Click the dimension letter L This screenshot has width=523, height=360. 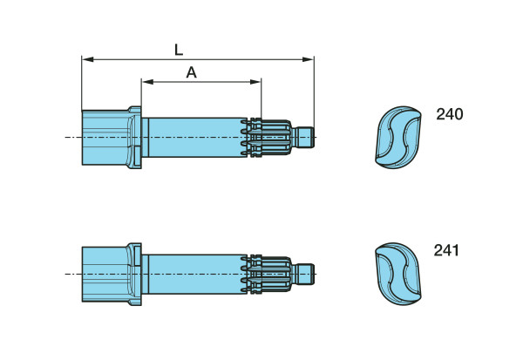tap(180, 50)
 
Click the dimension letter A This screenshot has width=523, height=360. tap(192, 73)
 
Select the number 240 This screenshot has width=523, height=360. tap(450, 114)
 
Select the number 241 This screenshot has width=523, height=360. tap(446, 251)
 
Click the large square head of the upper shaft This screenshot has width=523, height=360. tap(104, 137)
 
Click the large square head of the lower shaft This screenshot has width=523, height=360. tap(104, 274)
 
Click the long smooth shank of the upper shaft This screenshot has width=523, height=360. tap(196, 137)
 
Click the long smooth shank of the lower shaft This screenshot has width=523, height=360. tap(196, 274)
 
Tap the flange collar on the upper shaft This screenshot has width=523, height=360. tap(134, 137)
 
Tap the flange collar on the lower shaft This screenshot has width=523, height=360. tap(134, 274)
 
